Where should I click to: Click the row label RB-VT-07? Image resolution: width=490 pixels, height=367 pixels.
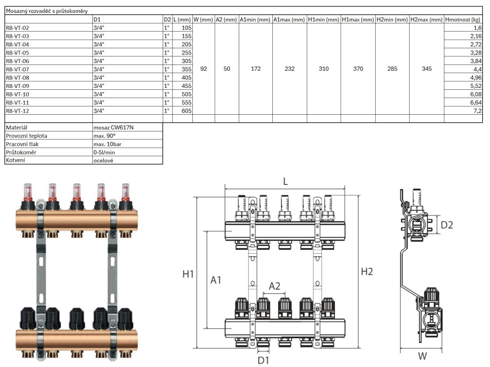coord(17,69)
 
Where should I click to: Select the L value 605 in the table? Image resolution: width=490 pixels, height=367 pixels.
coord(186,111)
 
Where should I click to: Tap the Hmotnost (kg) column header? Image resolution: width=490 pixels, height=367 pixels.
coord(462,20)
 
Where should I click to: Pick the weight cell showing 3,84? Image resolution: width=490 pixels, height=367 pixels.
coord(476,61)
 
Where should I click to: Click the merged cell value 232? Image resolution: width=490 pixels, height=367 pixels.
coord(290,69)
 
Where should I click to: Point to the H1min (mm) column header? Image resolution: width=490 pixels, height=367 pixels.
coord(323,20)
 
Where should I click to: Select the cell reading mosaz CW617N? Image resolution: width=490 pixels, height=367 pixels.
coord(113,128)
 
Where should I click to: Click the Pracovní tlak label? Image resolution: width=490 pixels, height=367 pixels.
coord(22,144)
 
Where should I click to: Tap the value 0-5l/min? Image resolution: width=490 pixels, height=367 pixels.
coord(104,152)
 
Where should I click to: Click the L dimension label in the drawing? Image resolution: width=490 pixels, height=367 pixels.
coord(285,182)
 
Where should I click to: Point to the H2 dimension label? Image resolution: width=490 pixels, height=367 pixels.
coord(367,272)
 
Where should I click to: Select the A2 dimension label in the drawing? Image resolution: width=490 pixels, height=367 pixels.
coord(274,286)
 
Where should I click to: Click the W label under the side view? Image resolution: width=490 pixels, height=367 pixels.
coord(422,356)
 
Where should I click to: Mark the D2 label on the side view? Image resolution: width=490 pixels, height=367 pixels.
coord(446,225)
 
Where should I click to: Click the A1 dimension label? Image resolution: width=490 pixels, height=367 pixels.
coord(216,281)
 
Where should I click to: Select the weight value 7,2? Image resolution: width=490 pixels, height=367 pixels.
coord(477,111)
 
